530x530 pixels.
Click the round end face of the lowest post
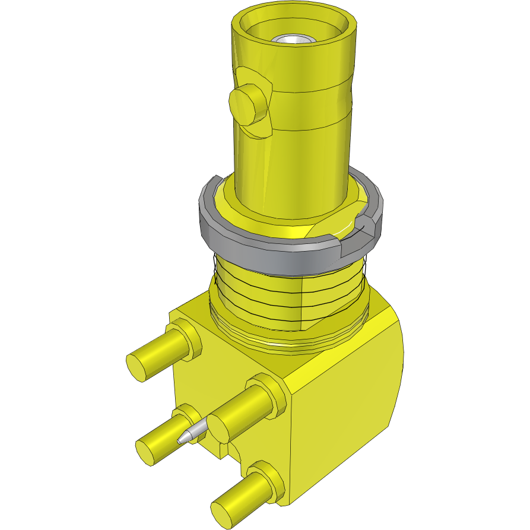click(222, 514)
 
